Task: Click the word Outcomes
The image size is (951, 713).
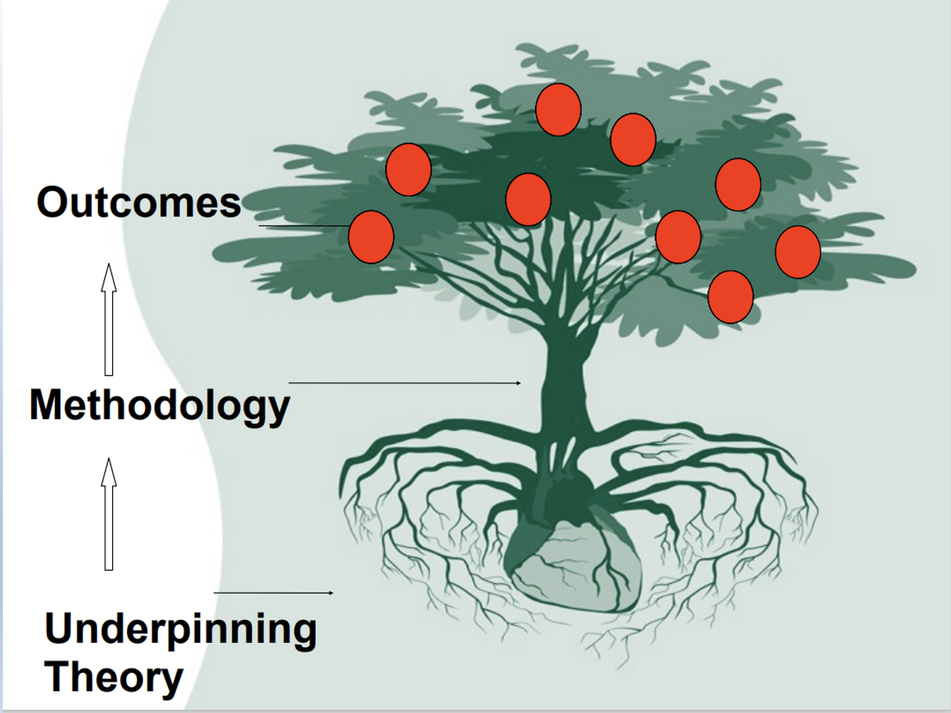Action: point(139,202)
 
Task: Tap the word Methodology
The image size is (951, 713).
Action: point(159,406)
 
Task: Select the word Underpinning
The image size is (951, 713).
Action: point(181,629)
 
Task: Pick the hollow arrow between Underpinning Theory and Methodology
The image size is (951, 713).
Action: point(109,514)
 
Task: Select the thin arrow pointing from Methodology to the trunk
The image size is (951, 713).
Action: point(404,383)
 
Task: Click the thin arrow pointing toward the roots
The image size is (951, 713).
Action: point(274,592)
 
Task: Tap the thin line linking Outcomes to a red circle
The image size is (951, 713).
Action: point(303,225)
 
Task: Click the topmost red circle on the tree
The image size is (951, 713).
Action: point(558,110)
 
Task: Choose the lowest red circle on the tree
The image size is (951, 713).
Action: point(730,297)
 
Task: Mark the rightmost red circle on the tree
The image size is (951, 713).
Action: point(798,252)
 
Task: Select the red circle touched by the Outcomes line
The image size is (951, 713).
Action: point(371,237)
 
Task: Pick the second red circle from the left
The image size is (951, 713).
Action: point(408,169)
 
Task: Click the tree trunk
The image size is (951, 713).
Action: point(563,385)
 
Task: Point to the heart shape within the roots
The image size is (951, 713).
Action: point(575,566)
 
